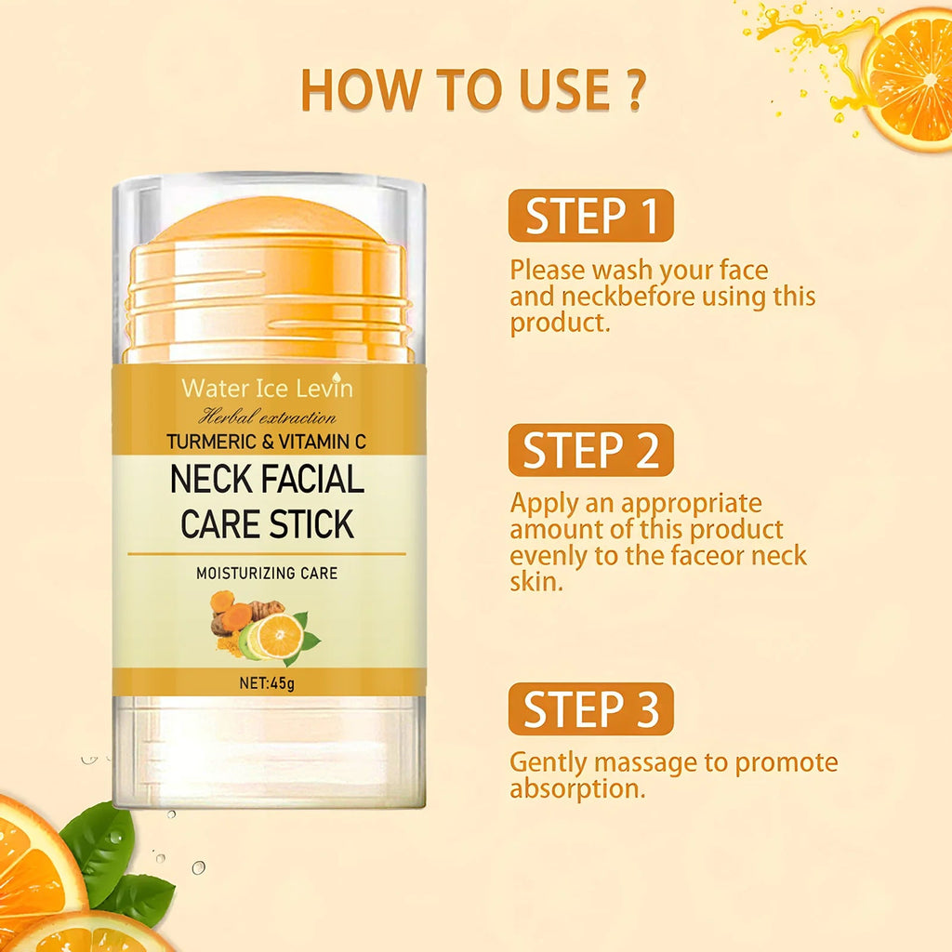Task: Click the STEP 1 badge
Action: point(590,216)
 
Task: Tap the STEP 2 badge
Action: point(590,450)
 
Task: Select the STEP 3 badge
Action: point(590,708)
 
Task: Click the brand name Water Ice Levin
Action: point(268,388)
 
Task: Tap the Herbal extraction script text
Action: point(268,417)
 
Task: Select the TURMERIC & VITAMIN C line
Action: point(268,443)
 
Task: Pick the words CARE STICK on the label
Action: point(268,524)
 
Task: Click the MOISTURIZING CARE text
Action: point(267,574)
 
